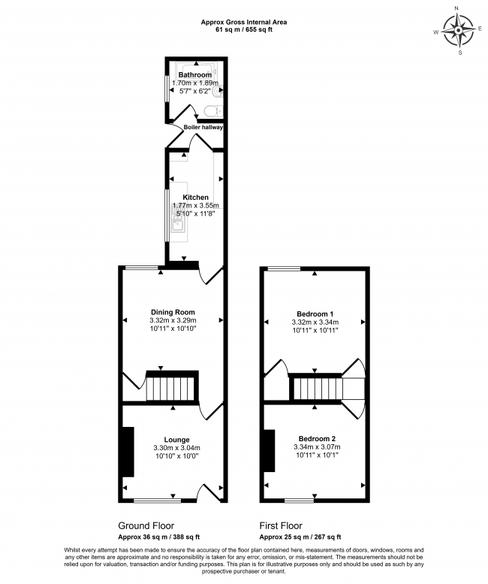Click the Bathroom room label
[x=194, y=75]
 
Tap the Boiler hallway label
[x=203, y=127]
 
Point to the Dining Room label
[x=173, y=312]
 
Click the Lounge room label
[x=176, y=439]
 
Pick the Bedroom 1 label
[x=315, y=313]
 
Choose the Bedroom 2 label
[x=316, y=438]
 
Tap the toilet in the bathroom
[x=212, y=111]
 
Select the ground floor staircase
[x=170, y=389]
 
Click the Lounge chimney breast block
[x=128, y=451]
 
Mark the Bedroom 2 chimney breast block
[x=269, y=451]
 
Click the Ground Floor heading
[x=148, y=525]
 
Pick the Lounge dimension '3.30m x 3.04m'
[x=176, y=448]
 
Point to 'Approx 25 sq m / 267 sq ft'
[x=300, y=537]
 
